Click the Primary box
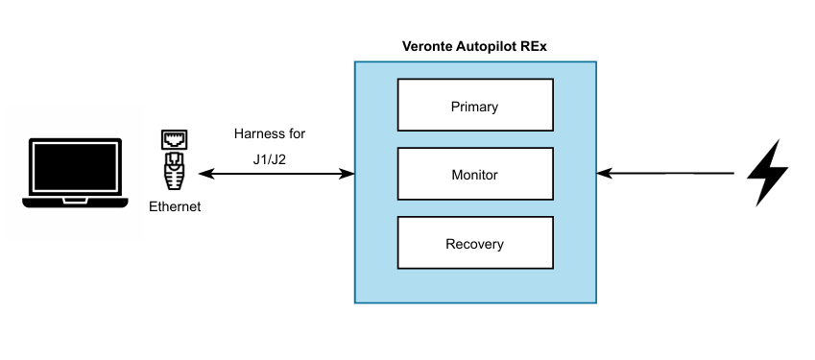pyautogui.click(x=475, y=105)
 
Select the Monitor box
pyautogui.click(x=475, y=174)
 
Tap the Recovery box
pyautogui.click(x=475, y=243)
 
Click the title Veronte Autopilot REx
pyautogui.click(x=474, y=46)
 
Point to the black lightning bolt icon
pyautogui.click(x=767, y=173)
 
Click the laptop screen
pyautogui.click(x=75, y=167)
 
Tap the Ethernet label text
pyautogui.click(x=175, y=206)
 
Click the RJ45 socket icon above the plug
pyautogui.click(x=175, y=139)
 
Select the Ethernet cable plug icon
pyautogui.click(x=175, y=171)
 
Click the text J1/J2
pyautogui.click(x=269, y=159)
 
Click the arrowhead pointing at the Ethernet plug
pyautogui.click(x=206, y=174)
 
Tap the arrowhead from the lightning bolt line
pyautogui.click(x=605, y=174)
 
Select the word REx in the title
pyautogui.click(x=533, y=46)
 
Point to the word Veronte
pyautogui.click(x=428, y=46)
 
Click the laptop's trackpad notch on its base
pyautogui.click(x=75, y=201)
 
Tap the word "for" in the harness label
pyautogui.click(x=296, y=133)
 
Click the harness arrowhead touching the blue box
pyautogui.click(x=347, y=174)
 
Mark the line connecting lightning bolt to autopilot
pyautogui.click(x=665, y=174)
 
